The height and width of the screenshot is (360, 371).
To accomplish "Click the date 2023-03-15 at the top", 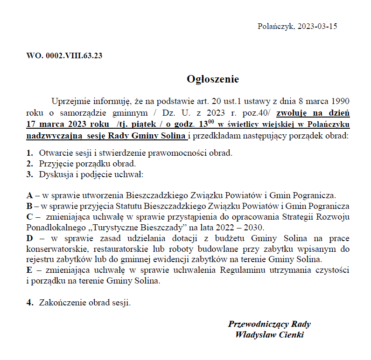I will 317,26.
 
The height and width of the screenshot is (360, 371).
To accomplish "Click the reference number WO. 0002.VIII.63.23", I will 64,56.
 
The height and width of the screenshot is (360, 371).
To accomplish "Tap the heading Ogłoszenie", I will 213,79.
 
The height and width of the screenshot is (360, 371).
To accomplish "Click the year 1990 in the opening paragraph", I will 340,102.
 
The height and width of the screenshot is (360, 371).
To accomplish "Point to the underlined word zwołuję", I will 292,113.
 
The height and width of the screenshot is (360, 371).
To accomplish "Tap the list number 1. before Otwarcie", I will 29,153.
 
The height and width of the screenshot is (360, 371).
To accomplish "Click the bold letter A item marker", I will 29,195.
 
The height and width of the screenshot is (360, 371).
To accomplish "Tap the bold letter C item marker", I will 29,217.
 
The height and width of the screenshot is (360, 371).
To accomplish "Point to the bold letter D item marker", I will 29,239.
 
